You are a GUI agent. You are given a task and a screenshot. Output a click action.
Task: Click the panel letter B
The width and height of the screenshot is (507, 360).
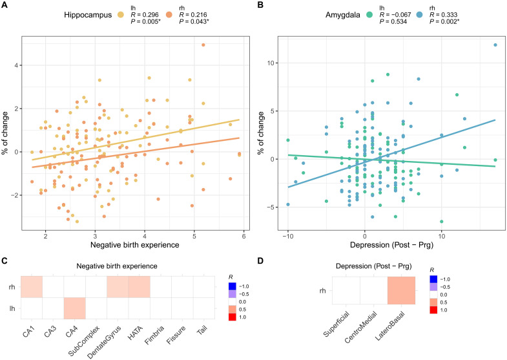[261, 5]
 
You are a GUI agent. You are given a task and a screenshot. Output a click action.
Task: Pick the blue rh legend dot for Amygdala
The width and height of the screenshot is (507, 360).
[391, 14]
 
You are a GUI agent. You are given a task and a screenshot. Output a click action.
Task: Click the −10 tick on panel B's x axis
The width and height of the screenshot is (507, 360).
[288, 235]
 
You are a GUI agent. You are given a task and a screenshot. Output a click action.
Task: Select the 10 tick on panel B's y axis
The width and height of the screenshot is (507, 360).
[273, 63]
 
